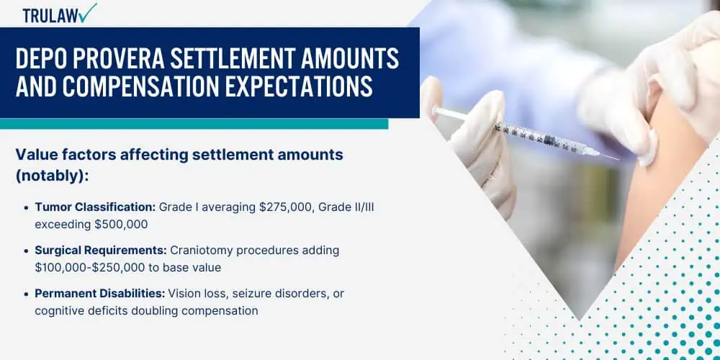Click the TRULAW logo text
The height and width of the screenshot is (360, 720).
[x=51, y=15]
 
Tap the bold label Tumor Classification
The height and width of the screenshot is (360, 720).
[x=95, y=207]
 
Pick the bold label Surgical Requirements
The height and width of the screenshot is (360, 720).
[x=101, y=251]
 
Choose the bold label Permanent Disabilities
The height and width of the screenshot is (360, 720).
[x=99, y=294]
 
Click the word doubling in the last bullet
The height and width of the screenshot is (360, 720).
[x=154, y=311]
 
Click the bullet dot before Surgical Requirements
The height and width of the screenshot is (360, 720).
[x=27, y=251]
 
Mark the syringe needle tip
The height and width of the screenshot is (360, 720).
[x=618, y=159]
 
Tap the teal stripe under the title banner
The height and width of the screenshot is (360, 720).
[x=194, y=124]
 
